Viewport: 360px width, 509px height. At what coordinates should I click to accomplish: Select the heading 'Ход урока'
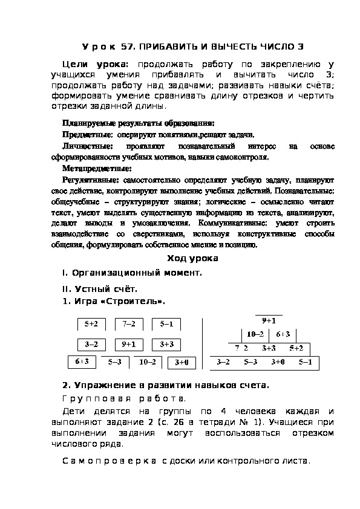click(192, 258)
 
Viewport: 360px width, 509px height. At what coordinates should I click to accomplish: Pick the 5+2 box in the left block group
click(91, 325)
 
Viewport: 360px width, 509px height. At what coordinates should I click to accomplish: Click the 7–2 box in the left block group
click(128, 325)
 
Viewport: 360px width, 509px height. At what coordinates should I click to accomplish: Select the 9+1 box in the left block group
click(128, 344)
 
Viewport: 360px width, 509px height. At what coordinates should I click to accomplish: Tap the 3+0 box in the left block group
click(181, 363)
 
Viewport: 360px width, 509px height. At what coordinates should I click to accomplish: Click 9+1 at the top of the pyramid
click(269, 321)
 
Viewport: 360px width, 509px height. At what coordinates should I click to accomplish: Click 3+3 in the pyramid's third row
click(269, 348)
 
